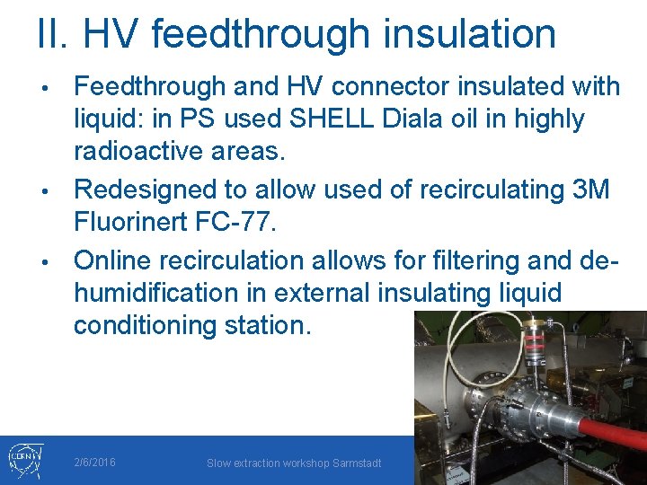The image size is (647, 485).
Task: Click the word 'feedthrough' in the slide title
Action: point(261,34)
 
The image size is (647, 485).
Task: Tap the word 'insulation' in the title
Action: point(467,34)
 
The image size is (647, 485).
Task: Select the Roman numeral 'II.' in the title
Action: point(57,34)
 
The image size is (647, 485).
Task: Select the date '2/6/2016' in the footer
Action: point(94,463)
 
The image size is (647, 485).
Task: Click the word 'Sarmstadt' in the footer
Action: point(355,463)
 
